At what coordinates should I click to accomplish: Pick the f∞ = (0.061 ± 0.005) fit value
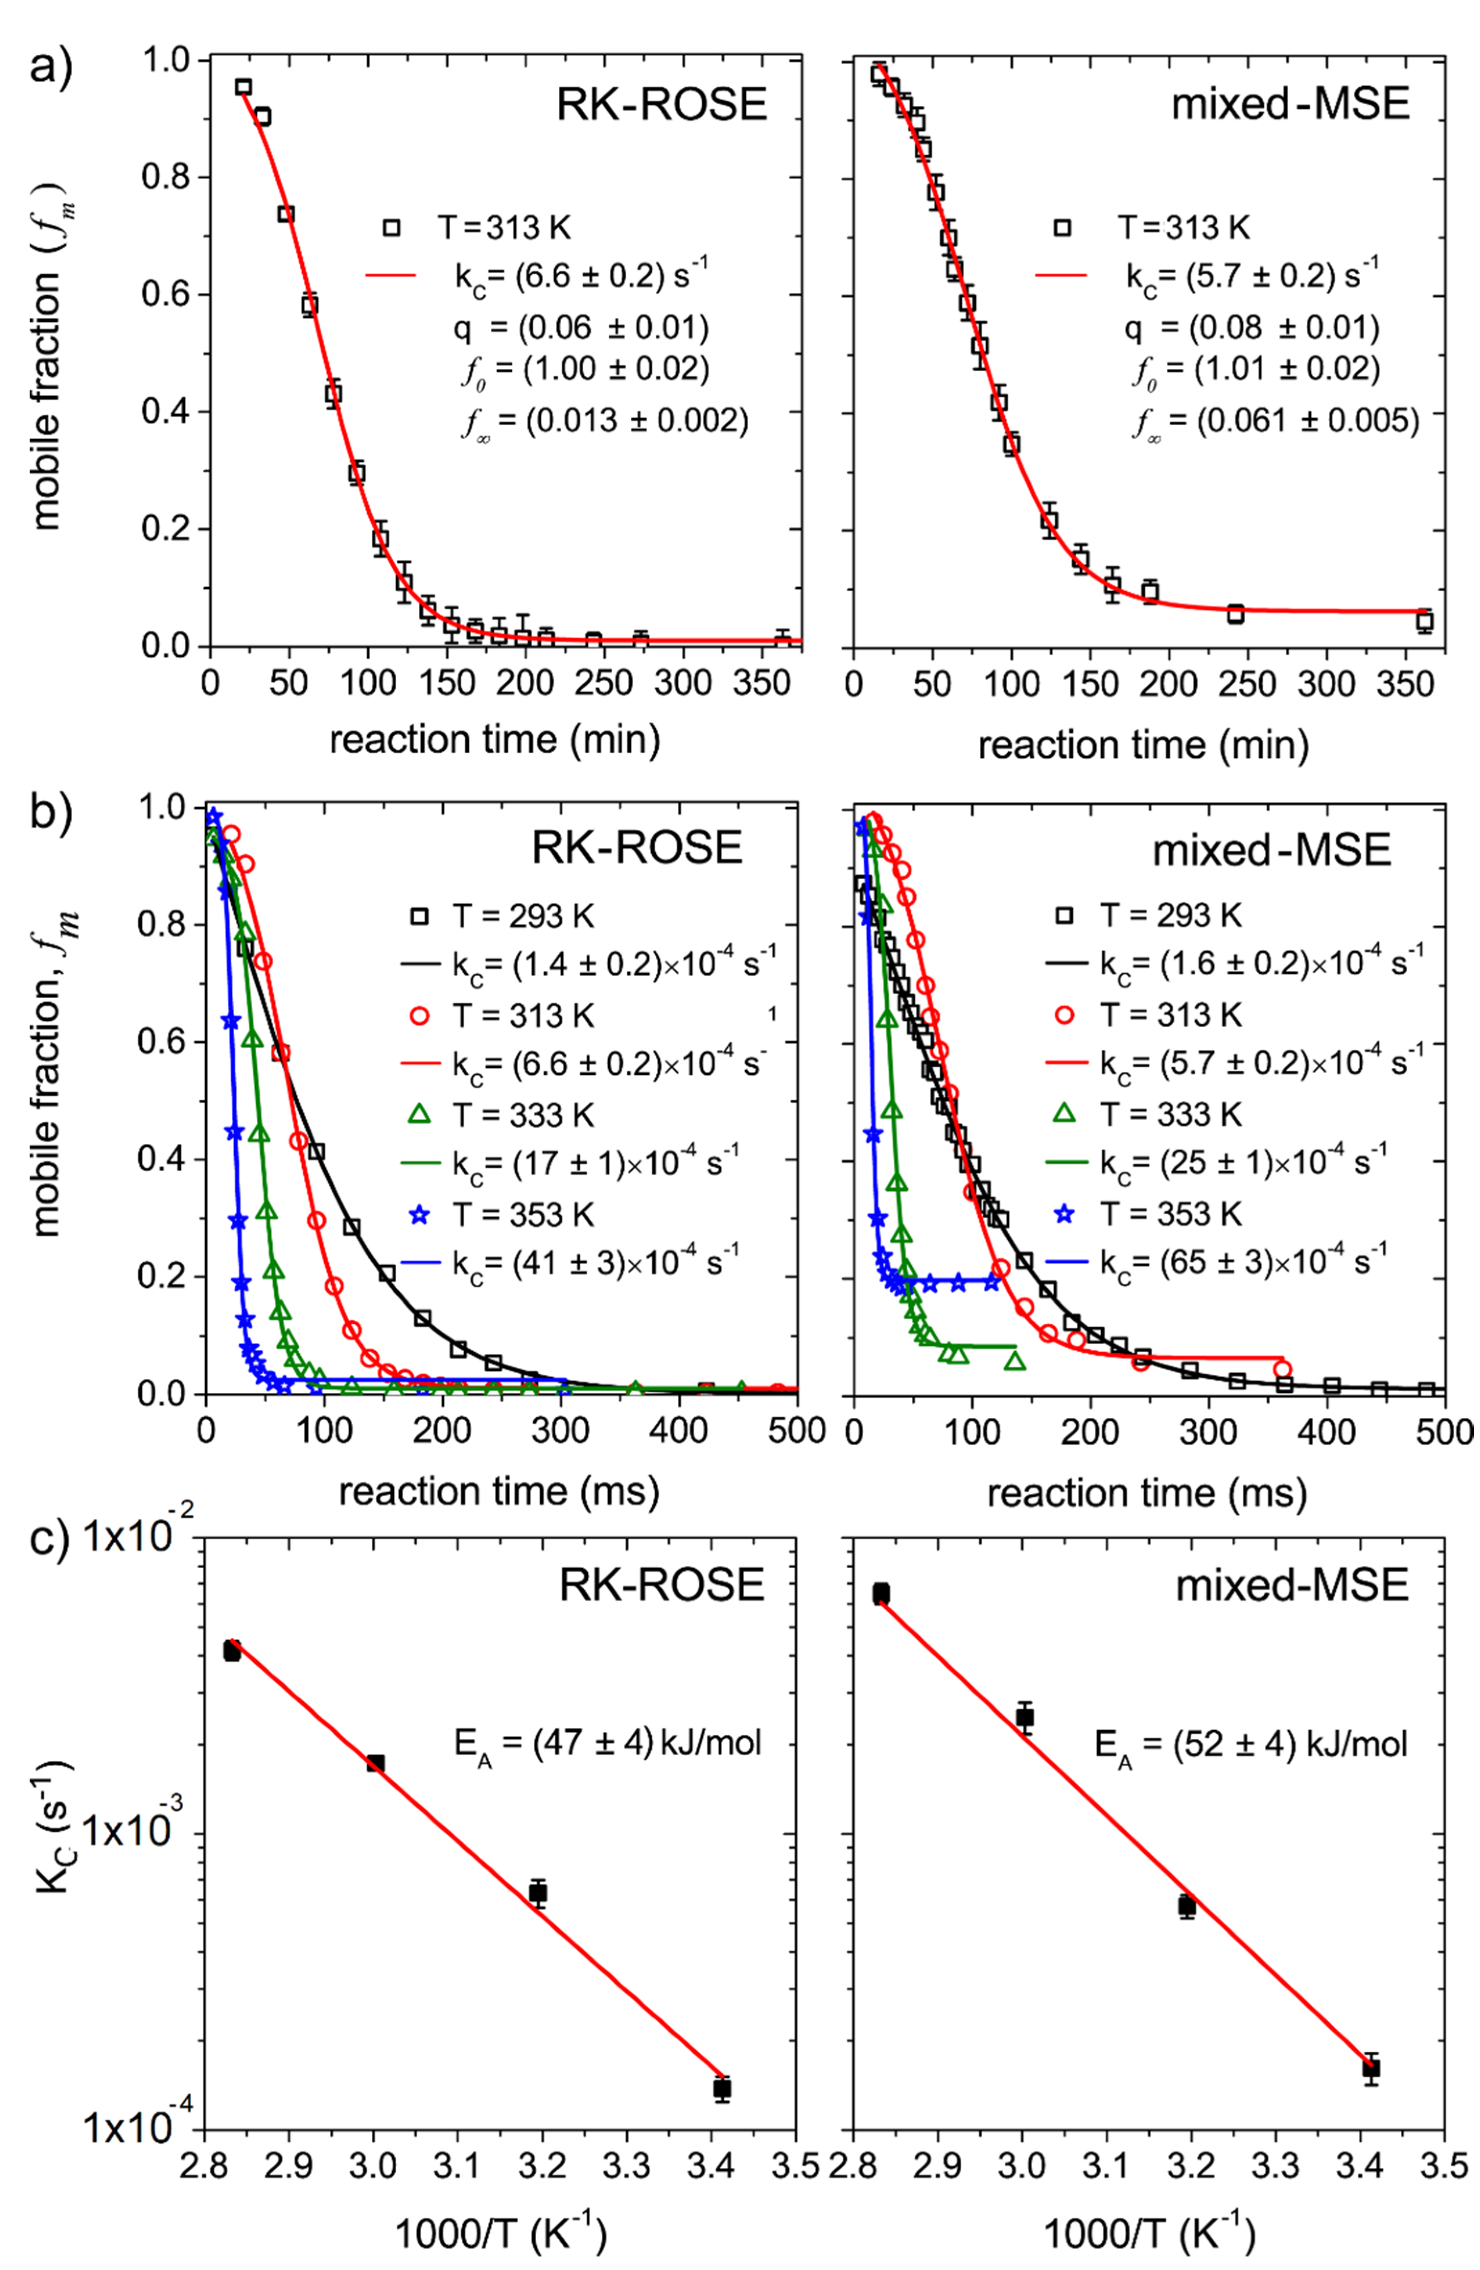coord(1276,420)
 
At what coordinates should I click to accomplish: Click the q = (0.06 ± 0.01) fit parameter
coord(582,328)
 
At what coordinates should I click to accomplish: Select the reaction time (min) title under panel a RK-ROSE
coord(494,740)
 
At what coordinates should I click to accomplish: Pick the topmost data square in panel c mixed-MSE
coord(880,1594)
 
